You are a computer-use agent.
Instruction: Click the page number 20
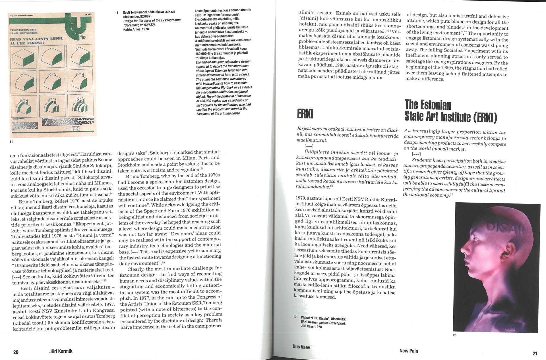16,352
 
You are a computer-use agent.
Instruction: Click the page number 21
535,353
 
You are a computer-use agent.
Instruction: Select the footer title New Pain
409,351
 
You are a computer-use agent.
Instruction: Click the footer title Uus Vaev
301,347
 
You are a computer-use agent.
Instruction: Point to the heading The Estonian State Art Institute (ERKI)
450,111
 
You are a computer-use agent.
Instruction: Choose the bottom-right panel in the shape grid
80,107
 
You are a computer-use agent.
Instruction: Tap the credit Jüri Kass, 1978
311,327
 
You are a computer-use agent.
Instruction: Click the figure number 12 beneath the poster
454,335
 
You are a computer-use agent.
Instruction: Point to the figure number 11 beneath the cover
11,141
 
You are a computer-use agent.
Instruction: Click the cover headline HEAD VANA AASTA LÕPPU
37,38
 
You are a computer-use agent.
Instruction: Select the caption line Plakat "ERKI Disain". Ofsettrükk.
324,319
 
